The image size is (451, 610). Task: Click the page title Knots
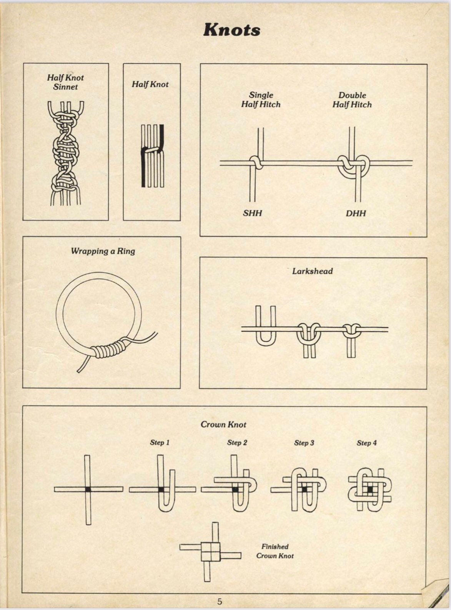pyautogui.click(x=231, y=30)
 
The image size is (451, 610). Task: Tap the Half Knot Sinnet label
pyautogui.click(x=65, y=82)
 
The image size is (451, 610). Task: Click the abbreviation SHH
pyautogui.click(x=252, y=213)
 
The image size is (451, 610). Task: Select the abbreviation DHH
pyautogui.click(x=356, y=213)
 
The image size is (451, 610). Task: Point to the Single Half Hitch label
pyautogui.click(x=261, y=100)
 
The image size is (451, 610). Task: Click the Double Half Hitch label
pyautogui.click(x=352, y=100)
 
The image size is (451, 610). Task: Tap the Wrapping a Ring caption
pyautogui.click(x=103, y=251)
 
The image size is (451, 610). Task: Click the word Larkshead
pyautogui.click(x=312, y=271)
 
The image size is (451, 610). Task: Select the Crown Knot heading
pyautogui.click(x=223, y=425)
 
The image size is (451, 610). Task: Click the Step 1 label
pyautogui.click(x=160, y=443)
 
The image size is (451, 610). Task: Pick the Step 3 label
pyautogui.click(x=304, y=443)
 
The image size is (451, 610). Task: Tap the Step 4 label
pyautogui.click(x=366, y=443)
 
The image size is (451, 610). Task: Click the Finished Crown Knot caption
pyautogui.click(x=275, y=551)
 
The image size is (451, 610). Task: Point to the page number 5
pyautogui.click(x=220, y=602)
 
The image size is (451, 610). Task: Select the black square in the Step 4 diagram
pyautogui.click(x=370, y=490)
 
